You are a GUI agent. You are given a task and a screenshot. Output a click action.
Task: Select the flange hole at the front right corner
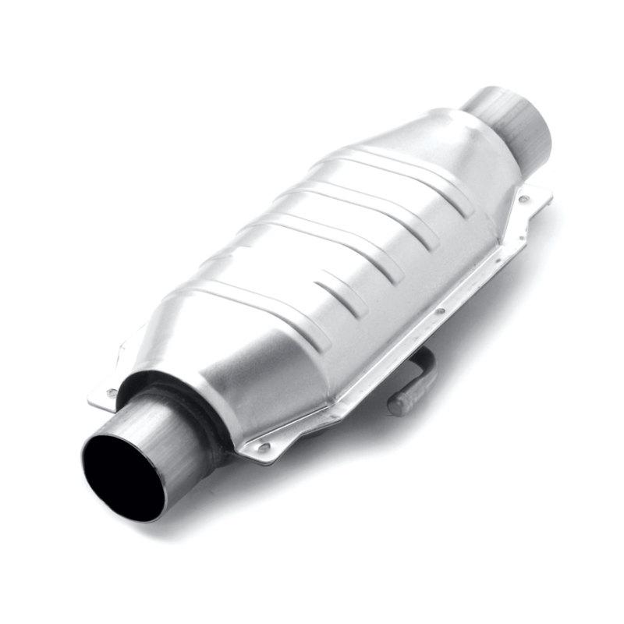[265, 447]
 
